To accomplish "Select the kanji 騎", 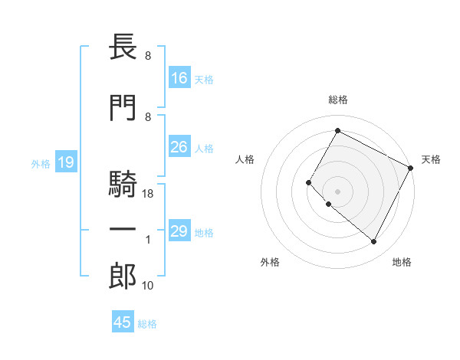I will pos(122,187).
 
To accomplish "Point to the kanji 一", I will pos(122,231).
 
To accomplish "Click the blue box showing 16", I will pos(179,78).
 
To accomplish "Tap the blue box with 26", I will pos(179,148).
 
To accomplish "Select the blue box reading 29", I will pos(179,232).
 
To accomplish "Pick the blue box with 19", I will pos(65,162).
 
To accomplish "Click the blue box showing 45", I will pos(123,322).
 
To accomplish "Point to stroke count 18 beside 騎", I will pos(149,195).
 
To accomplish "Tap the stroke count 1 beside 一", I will pos(149,240).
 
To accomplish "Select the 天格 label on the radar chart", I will pos(431,159).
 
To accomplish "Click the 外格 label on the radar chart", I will pos(270,262).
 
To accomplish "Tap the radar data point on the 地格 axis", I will pos(374,242).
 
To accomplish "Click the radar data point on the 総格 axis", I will pos(337,130).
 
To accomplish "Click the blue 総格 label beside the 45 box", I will pos(148,324).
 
